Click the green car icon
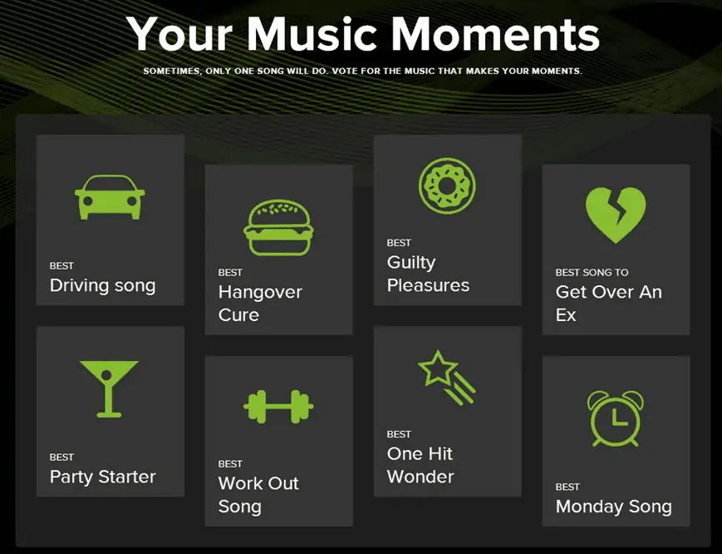[x=110, y=197]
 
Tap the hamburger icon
[x=278, y=227]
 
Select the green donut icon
[x=447, y=185]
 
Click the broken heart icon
[x=616, y=215]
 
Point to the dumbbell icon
[x=278, y=407]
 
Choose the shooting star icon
[x=446, y=378]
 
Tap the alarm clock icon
[x=616, y=418]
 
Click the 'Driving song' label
[x=103, y=285]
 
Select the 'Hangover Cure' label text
[x=260, y=304]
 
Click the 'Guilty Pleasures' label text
[x=428, y=274]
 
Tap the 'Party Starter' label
[x=103, y=477]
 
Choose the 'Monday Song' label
[x=614, y=507]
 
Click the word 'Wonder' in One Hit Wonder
[x=420, y=477]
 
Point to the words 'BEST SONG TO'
[x=592, y=272]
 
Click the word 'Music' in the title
[x=312, y=35]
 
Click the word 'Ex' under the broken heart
[x=566, y=315]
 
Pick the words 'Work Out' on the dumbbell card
[x=258, y=483]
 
